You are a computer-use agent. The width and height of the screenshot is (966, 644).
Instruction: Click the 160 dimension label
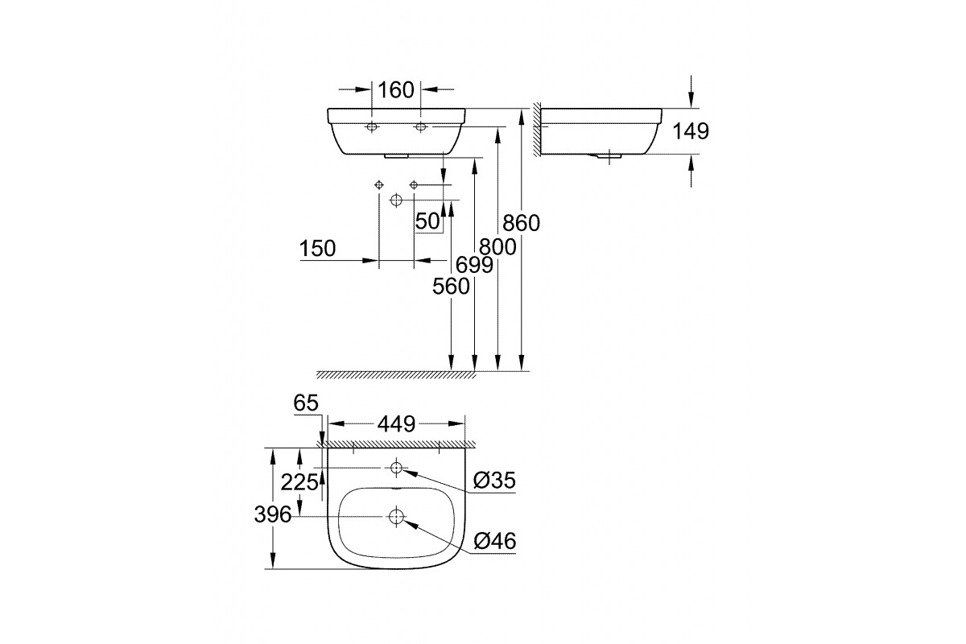tap(396, 90)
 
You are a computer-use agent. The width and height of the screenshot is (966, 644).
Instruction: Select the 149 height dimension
tap(691, 131)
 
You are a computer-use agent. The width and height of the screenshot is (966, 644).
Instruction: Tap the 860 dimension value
tap(521, 223)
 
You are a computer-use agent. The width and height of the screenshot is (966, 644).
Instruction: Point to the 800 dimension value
tap(497, 247)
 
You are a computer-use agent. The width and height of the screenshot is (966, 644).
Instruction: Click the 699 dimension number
tap(474, 265)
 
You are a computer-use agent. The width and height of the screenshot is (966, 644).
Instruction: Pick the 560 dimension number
tap(451, 287)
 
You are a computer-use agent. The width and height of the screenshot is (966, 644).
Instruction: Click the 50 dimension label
tap(427, 221)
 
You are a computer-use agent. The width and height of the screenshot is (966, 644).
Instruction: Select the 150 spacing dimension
tap(317, 249)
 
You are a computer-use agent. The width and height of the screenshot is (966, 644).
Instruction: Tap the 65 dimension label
tap(306, 403)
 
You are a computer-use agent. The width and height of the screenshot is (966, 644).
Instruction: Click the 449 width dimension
tap(396, 424)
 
